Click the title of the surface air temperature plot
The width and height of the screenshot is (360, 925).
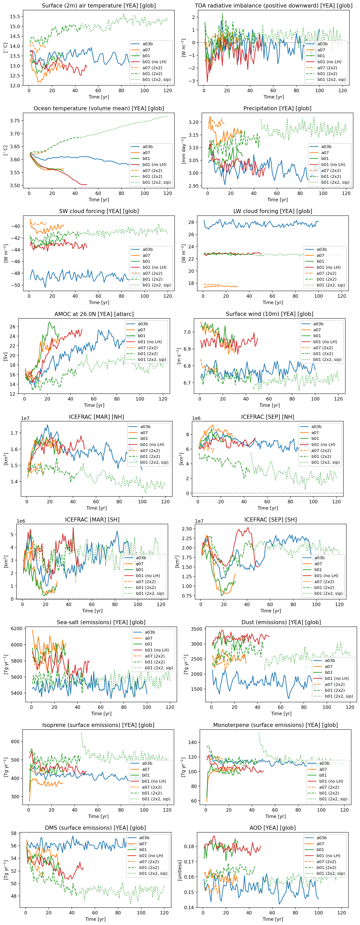pyautogui.click(x=99, y=6)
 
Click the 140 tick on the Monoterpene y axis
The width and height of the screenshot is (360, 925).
pyautogui.click(x=192, y=742)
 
